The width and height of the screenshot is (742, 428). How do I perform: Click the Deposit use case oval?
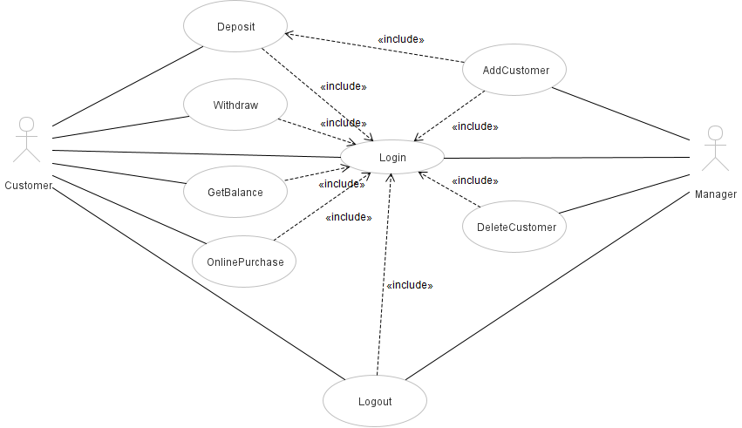point(235,27)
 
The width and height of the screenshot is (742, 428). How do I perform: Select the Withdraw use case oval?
point(235,105)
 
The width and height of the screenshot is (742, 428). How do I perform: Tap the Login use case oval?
point(392,158)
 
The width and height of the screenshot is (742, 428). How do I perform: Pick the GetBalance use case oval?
point(235,192)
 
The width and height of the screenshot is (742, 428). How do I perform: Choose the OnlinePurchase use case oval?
point(245,262)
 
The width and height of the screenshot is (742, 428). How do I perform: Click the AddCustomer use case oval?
point(515,71)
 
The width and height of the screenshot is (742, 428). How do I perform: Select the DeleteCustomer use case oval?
point(516,228)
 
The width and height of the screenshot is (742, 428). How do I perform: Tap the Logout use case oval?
point(375,402)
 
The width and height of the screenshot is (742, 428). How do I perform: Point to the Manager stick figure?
point(715,148)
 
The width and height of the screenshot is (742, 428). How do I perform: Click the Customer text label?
point(28,186)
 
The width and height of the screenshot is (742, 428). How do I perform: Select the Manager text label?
point(715,194)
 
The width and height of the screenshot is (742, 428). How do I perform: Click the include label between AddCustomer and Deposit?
point(401,39)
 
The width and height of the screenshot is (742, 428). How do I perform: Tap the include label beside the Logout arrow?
point(409,285)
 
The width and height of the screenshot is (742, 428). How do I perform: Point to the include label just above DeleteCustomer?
point(475,180)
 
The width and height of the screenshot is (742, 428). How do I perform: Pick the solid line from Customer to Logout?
point(192,279)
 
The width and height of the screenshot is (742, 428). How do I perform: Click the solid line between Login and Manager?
point(567,158)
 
